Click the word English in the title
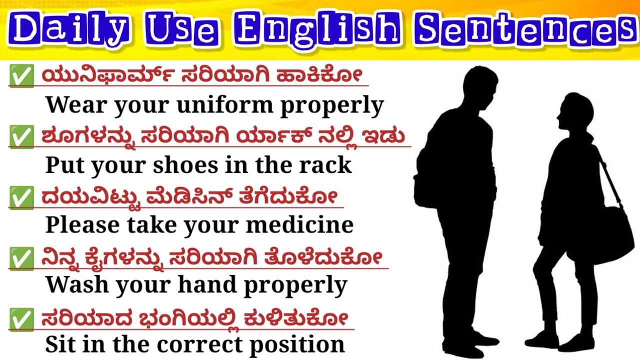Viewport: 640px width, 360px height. coord(318,30)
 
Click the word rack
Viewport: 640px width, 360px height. coord(327,165)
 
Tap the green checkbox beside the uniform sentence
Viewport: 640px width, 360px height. coord(21,77)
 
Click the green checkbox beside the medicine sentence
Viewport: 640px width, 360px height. coord(21,198)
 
